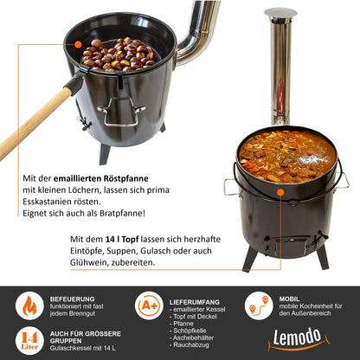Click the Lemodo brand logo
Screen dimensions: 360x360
click(298, 339)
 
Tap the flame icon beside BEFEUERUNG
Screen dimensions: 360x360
click(29, 305)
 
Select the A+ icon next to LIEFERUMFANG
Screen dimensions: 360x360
click(149, 305)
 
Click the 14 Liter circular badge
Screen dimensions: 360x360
click(29, 340)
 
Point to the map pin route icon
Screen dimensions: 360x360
click(259, 305)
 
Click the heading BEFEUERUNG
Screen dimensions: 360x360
click(72, 299)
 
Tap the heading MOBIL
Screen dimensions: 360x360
click(289, 299)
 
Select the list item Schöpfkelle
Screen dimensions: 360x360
click(190, 331)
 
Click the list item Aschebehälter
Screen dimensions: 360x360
click(193, 337)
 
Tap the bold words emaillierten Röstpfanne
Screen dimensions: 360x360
click(101, 178)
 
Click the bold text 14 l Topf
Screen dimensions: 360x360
click(122, 239)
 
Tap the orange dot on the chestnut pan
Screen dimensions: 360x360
click(78, 44)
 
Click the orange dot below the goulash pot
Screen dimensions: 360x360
click(280, 192)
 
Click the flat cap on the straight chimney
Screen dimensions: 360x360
click(280, 13)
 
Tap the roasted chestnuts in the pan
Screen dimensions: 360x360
click(119, 55)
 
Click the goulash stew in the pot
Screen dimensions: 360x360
click(287, 156)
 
